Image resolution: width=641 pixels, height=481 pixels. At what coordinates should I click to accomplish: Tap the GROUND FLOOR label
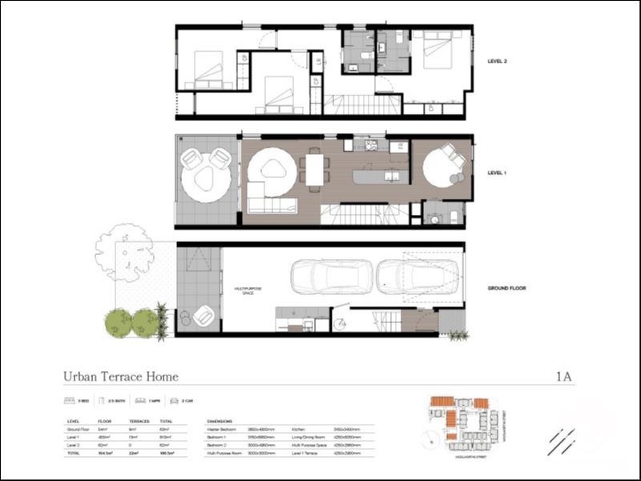[x=506, y=288]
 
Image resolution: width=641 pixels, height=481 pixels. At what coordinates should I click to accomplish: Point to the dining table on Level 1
[x=315, y=169]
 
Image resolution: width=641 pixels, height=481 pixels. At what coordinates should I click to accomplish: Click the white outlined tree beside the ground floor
[x=124, y=253]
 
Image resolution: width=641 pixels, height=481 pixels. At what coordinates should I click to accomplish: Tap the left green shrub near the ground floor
[x=119, y=323]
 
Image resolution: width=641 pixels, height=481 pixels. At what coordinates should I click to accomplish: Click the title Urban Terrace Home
[x=121, y=376]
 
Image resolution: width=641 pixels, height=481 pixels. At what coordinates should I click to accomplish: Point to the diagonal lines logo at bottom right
[x=561, y=441]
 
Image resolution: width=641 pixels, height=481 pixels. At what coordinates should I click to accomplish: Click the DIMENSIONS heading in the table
[x=220, y=421]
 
